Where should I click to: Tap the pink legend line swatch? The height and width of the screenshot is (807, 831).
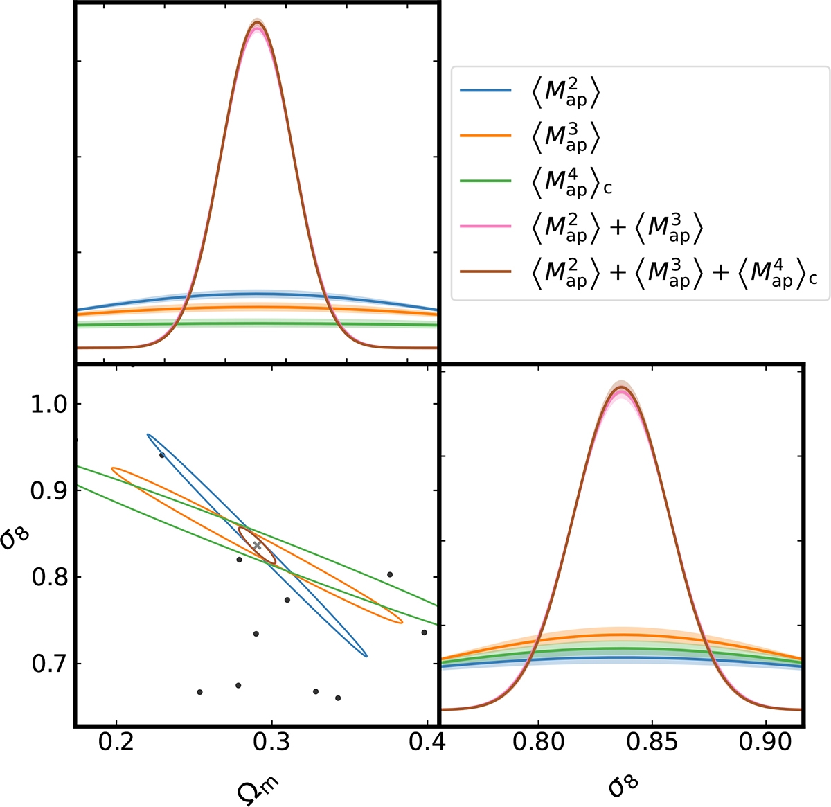pyautogui.click(x=485, y=226)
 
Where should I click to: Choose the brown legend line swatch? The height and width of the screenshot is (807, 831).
pyautogui.click(x=485, y=271)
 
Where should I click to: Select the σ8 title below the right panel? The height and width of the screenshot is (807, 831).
pyautogui.click(x=622, y=784)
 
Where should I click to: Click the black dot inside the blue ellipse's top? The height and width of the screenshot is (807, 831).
pyautogui.click(x=162, y=455)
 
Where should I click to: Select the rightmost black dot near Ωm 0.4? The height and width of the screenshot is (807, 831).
pyautogui.click(x=424, y=632)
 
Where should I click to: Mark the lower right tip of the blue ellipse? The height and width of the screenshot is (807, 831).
pyautogui.click(x=366, y=655)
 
